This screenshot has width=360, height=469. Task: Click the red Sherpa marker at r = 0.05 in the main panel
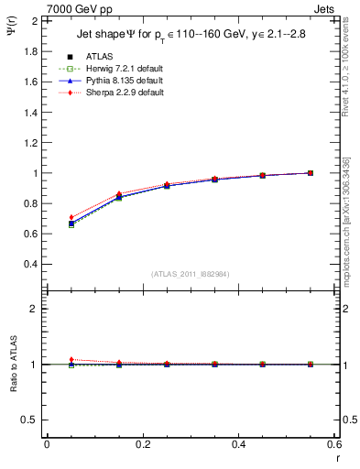[x=71, y=217]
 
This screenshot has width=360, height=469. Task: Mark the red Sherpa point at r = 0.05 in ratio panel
[x=71, y=359]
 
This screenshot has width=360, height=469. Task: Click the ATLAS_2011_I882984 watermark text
[x=190, y=274]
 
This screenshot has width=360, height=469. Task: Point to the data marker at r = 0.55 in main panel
[x=311, y=172]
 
